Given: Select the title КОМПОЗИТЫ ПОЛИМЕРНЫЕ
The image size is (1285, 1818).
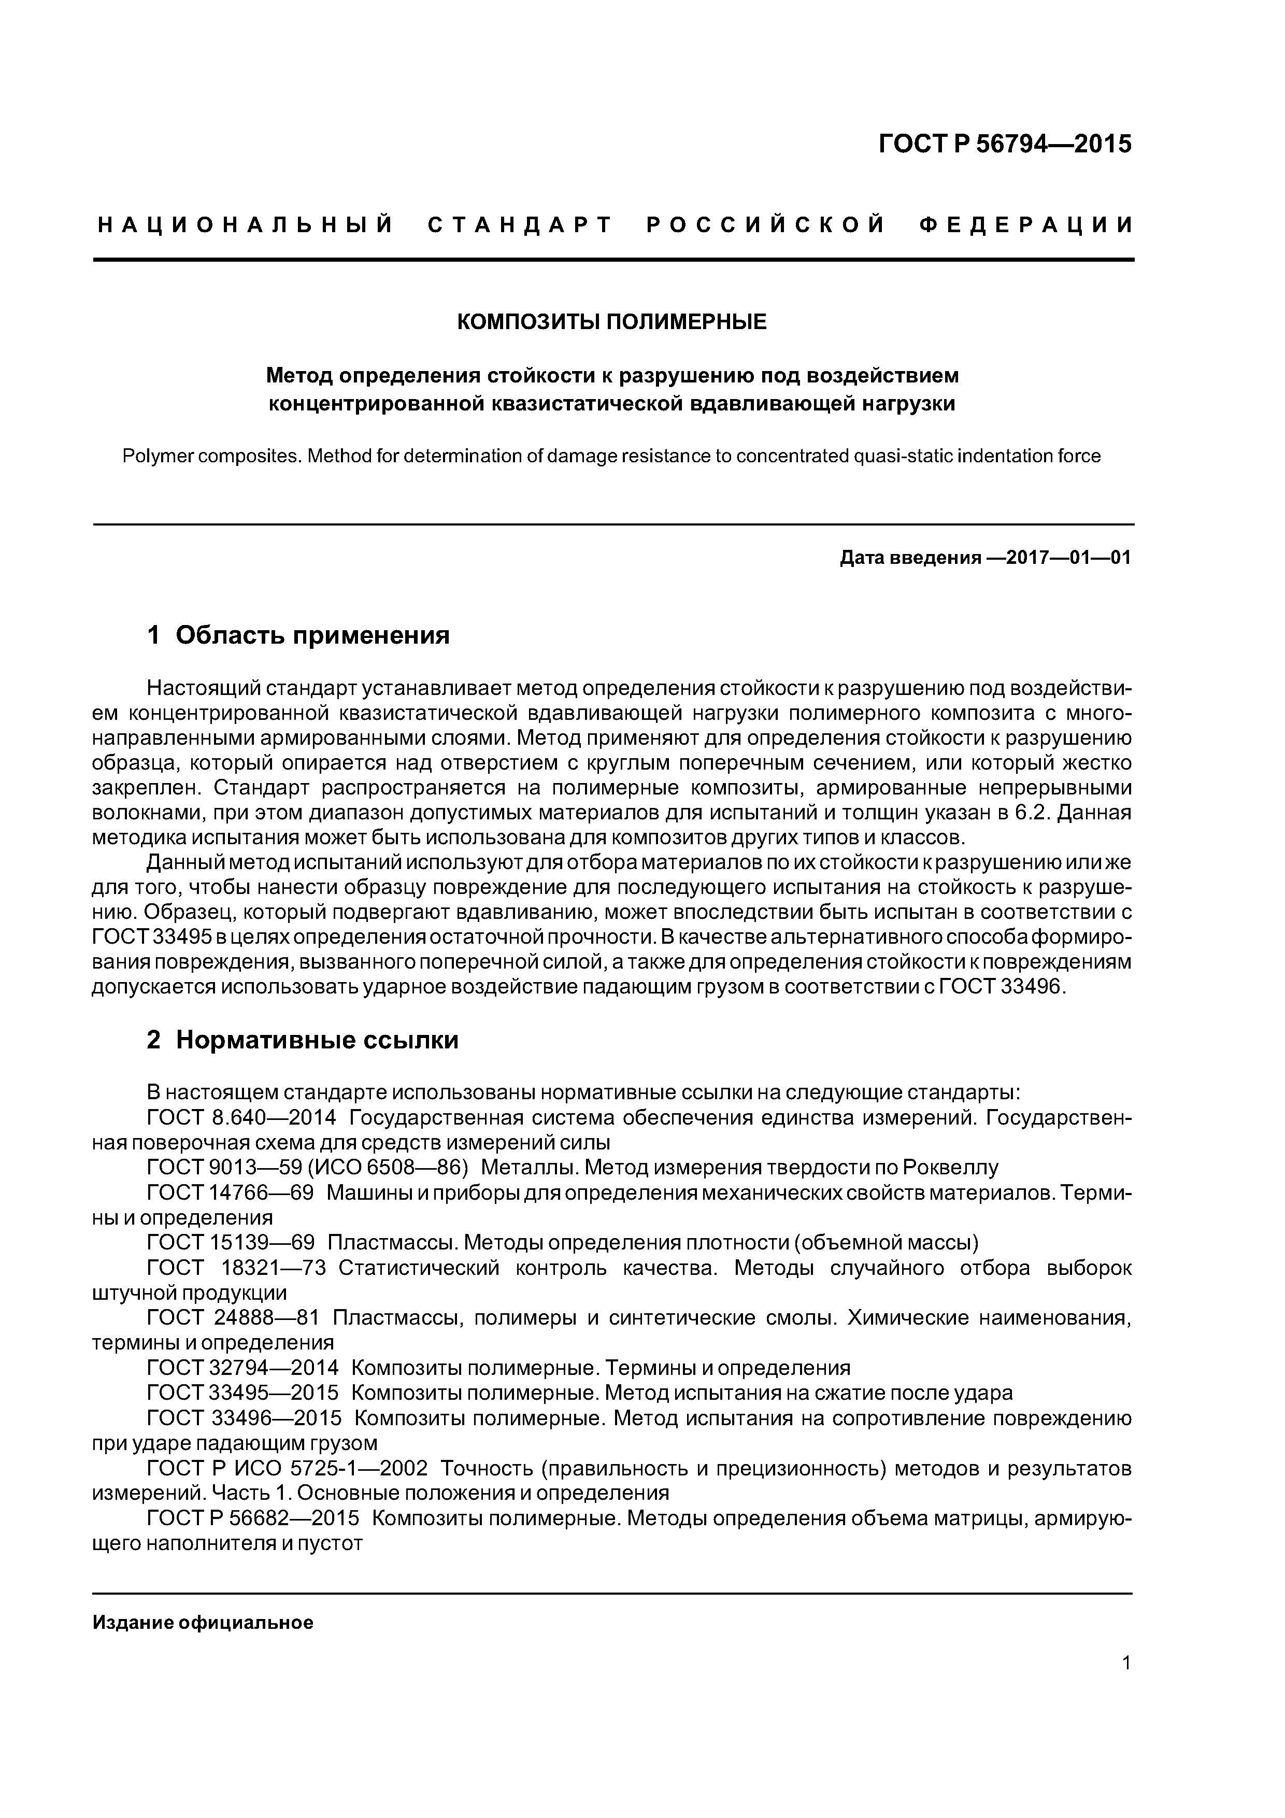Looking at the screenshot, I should (612, 322).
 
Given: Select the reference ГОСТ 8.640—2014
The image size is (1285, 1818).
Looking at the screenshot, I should (241, 1118).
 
